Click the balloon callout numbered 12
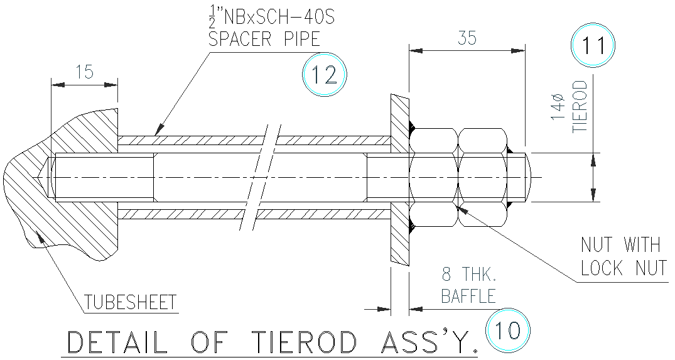[324, 75]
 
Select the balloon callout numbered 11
[593, 46]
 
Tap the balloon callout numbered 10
[507, 329]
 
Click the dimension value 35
[466, 38]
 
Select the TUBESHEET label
[131, 303]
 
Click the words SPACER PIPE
[264, 39]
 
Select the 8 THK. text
[469, 274]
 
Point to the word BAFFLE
[468, 295]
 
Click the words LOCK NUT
[623, 268]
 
